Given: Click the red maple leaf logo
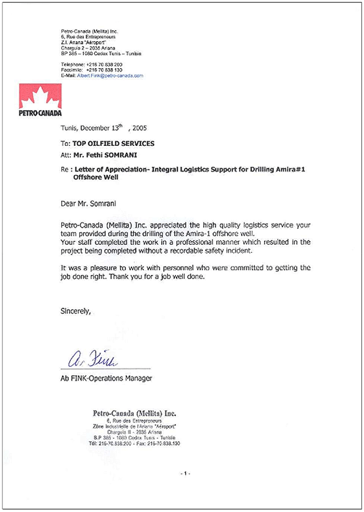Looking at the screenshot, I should (40, 94).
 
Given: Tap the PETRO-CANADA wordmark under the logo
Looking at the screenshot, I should (40, 113).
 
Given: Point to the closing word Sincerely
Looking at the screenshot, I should (75, 311).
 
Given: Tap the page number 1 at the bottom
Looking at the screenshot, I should (185, 474).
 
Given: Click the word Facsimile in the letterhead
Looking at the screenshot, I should (72, 70).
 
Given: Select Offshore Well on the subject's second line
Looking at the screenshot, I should (91, 178).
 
